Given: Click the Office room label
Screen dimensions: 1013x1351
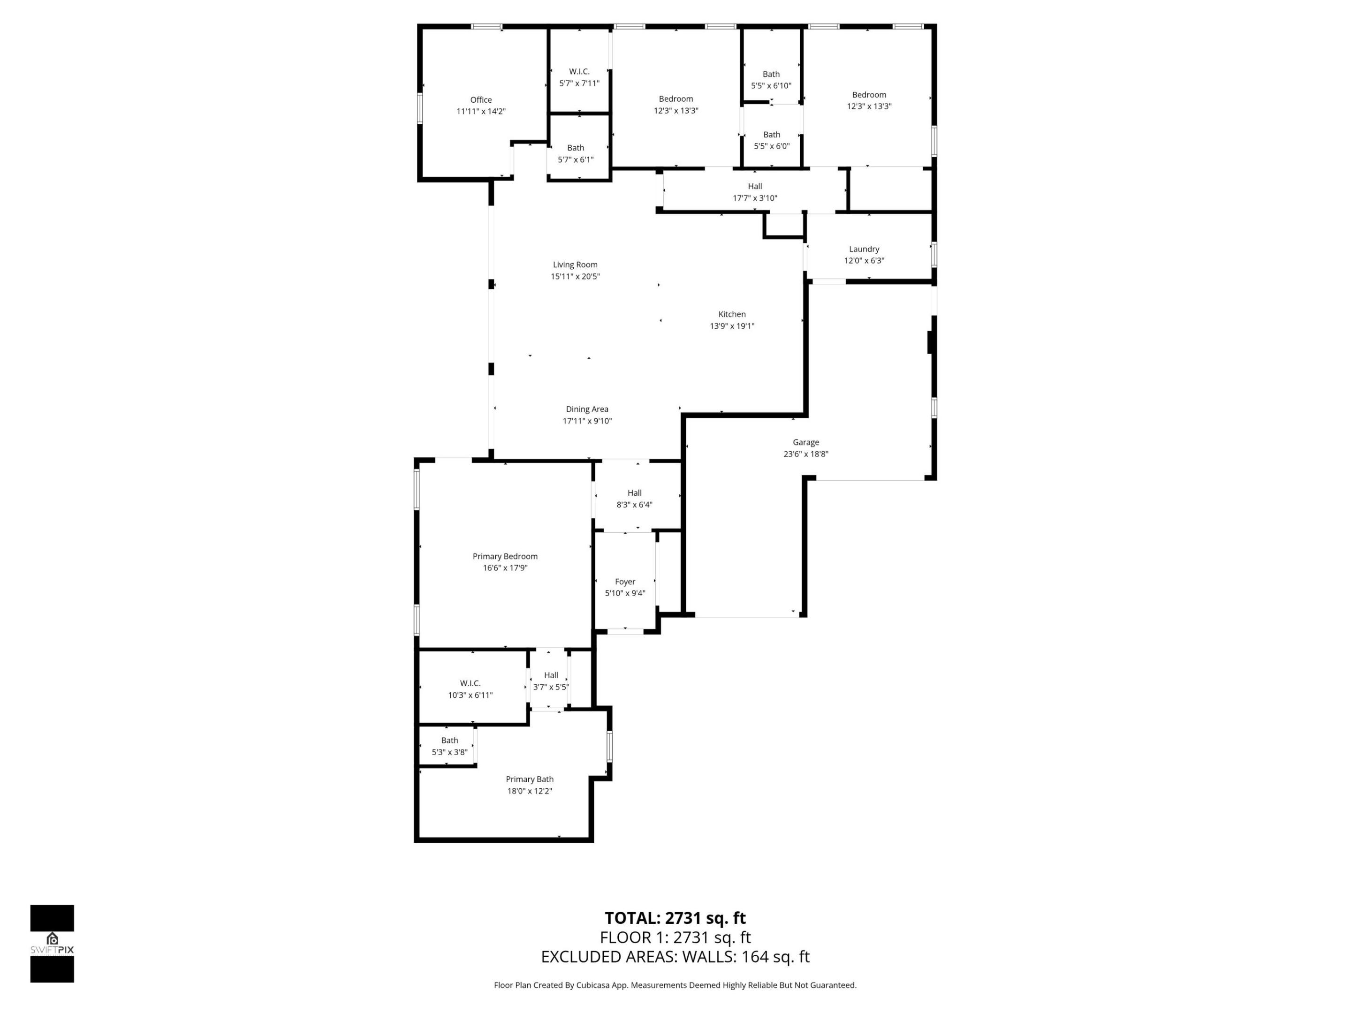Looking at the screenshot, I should [481, 99].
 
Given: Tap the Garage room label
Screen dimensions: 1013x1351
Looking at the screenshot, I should [805, 442].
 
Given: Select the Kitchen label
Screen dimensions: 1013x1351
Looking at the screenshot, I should [732, 314].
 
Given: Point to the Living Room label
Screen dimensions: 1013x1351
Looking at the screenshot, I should [575, 265].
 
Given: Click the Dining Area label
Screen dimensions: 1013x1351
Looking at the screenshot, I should [586, 409].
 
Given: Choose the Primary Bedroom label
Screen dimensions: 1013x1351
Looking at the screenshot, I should [504, 556].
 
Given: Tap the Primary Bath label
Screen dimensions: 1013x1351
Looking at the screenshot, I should [529, 779].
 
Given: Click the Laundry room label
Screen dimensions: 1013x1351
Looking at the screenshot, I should [864, 249].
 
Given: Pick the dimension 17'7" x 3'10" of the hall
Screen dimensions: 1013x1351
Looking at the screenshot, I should [755, 198].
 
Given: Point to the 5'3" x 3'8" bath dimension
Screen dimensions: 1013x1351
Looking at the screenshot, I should [449, 752].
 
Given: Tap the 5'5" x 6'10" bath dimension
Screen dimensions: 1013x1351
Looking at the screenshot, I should [771, 86].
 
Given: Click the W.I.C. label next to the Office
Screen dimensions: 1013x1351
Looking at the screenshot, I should [579, 71].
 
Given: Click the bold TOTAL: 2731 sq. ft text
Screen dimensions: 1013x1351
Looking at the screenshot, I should [675, 918].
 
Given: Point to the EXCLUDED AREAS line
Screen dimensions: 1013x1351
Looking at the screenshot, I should [675, 957].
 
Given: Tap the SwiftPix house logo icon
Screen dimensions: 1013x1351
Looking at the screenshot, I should [52, 938].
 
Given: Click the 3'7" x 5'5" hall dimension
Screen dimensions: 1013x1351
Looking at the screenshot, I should [551, 687].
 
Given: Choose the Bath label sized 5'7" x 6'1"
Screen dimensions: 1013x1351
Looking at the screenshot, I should [575, 148].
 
